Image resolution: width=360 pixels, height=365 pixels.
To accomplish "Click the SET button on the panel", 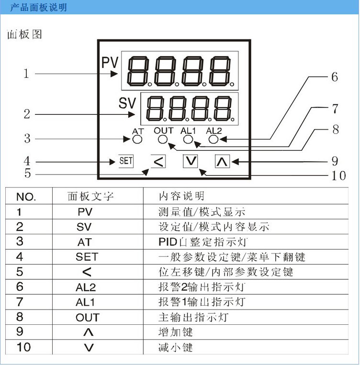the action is (x=125, y=161).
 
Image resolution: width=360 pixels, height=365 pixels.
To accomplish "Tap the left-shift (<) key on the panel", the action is (x=158, y=161).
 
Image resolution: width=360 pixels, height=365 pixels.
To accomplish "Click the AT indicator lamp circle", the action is (x=137, y=140).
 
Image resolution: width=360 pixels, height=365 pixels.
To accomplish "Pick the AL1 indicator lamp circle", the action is (x=188, y=139).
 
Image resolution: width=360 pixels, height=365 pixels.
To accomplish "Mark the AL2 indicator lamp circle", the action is (x=214, y=139).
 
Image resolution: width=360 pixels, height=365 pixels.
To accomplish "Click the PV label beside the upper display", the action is (x=110, y=64).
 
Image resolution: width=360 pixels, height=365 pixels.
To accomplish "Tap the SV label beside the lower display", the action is (x=127, y=103).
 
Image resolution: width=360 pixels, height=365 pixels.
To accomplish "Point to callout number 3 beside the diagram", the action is (x=27, y=139).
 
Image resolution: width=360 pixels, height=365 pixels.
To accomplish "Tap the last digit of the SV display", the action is (x=224, y=108).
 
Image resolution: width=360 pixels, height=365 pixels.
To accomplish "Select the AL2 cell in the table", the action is (x=87, y=287).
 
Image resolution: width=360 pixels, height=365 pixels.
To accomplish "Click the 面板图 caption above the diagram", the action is (x=25, y=35).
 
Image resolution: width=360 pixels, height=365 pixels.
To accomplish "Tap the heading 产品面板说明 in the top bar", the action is (x=39, y=7).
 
